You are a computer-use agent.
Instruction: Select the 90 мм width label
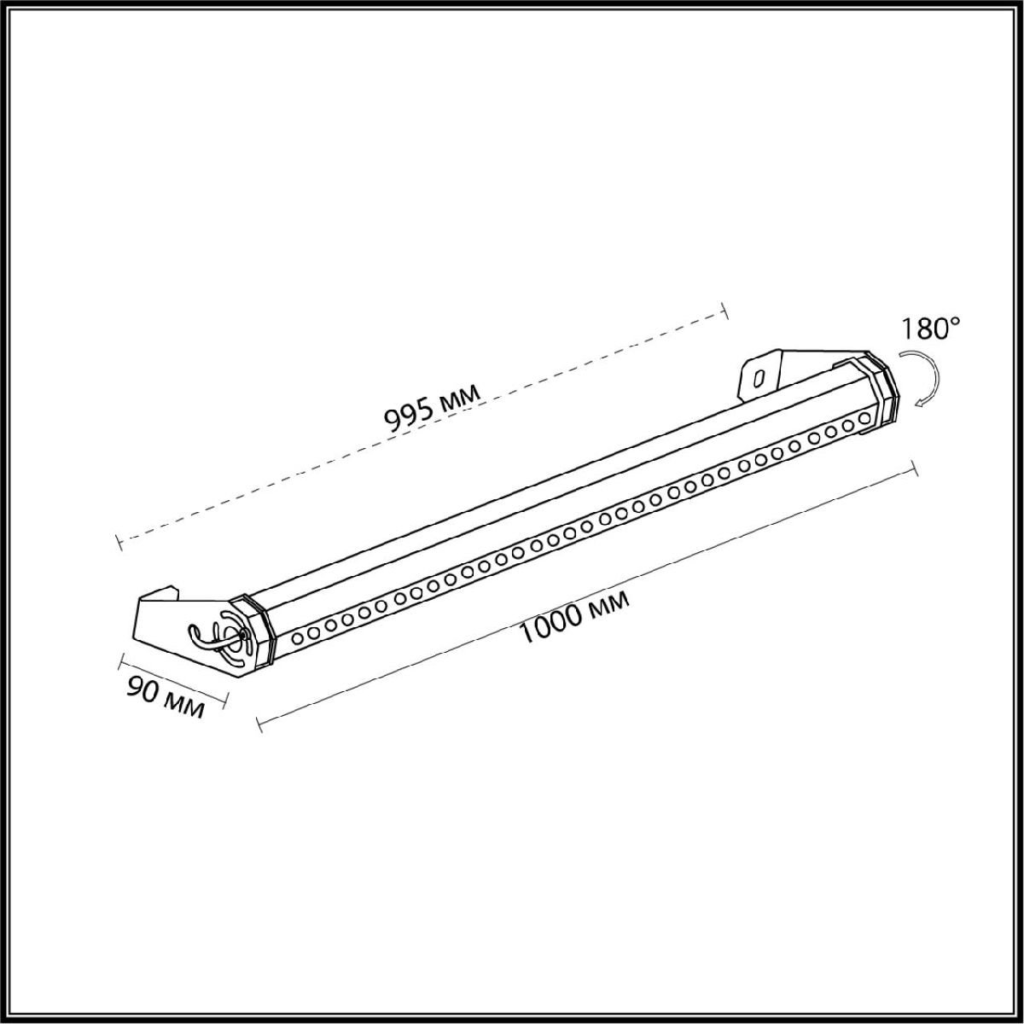[x=166, y=699]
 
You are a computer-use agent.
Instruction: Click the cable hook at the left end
[x=203, y=637]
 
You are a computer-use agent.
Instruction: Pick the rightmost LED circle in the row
[x=865, y=418]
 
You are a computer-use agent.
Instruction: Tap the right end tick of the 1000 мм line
[x=915, y=468]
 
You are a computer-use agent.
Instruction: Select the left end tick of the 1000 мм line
[x=258, y=723]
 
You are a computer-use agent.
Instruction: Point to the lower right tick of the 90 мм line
[x=225, y=702]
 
